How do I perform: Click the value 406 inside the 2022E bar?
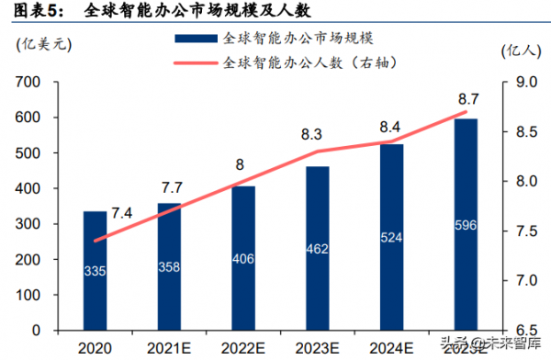coord(242,260)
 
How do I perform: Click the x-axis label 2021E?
coord(168,347)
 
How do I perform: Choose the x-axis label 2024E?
coord(391,347)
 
